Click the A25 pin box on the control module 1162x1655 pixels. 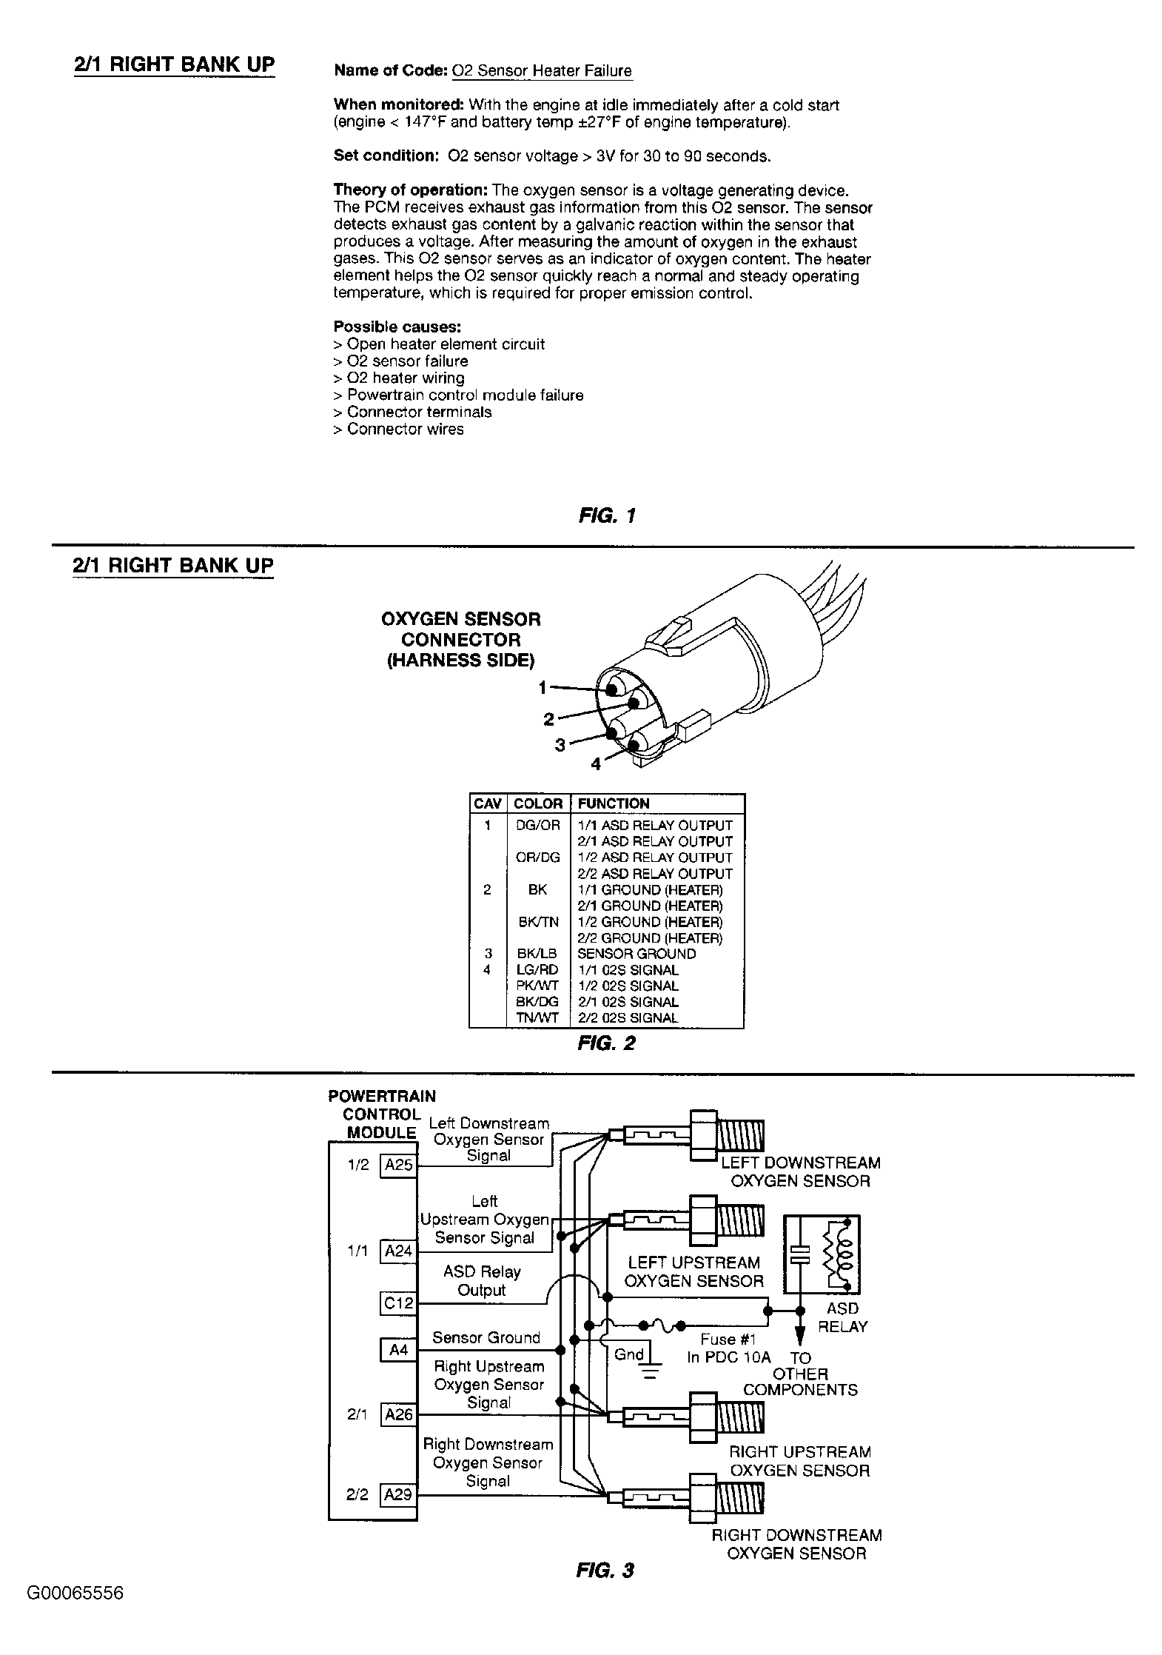pos(398,1165)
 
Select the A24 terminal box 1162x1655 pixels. pos(398,1251)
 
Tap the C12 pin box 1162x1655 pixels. pos(398,1303)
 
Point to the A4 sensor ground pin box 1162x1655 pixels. pos(398,1350)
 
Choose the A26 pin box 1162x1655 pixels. pos(398,1415)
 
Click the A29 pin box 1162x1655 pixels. pos(398,1495)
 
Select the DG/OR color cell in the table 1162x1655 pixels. pos(537,825)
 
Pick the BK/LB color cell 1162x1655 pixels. pos(537,954)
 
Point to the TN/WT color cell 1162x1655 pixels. pos(537,1018)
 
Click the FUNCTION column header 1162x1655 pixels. pos(613,803)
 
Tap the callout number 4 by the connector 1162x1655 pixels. pos(596,765)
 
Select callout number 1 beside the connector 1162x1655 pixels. pos(543,688)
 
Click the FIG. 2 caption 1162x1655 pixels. pos(606,1043)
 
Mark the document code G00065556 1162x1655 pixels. pos(75,1593)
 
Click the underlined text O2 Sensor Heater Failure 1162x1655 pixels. pos(542,71)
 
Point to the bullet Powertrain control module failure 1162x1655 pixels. pos(465,395)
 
